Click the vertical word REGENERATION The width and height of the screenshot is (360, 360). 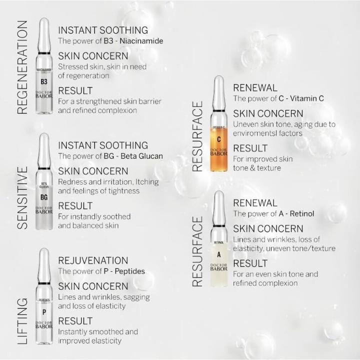(22, 67)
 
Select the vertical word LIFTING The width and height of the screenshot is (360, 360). (22, 321)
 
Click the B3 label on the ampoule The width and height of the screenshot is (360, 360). (44, 81)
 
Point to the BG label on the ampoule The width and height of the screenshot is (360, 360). (44, 197)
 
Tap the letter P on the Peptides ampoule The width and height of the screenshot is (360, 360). (44, 311)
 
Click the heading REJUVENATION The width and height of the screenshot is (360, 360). (93, 260)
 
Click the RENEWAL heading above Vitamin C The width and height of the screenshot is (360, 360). (255, 88)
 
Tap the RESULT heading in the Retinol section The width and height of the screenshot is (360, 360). (250, 263)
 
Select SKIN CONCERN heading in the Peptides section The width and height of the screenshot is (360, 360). (93, 286)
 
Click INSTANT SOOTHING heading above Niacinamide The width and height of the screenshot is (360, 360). (103, 30)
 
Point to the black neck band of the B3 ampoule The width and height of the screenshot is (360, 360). (44, 53)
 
